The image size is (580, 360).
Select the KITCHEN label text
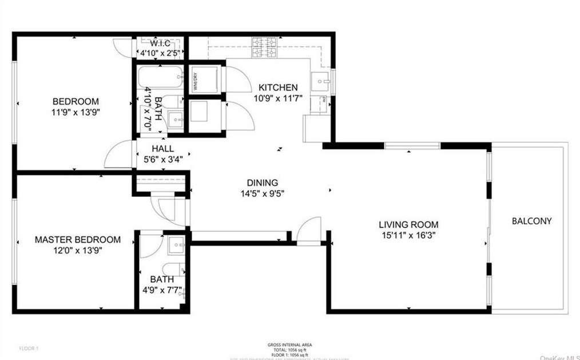[x=278, y=88]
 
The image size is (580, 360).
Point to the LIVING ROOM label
[x=408, y=224]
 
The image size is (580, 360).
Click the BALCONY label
[x=531, y=220]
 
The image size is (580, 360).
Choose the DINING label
[x=263, y=183]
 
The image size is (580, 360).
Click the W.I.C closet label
[x=160, y=43]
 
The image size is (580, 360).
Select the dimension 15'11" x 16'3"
[x=408, y=235]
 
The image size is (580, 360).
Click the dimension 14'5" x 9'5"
[x=263, y=193]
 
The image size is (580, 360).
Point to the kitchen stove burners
[x=265, y=47]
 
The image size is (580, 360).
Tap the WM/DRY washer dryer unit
[x=205, y=79]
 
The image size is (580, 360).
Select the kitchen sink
[x=321, y=81]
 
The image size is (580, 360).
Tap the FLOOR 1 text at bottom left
[x=29, y=348]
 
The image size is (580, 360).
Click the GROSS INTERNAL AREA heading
[x=289, y=345]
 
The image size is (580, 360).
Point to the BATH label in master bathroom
[x=162, y=279]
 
